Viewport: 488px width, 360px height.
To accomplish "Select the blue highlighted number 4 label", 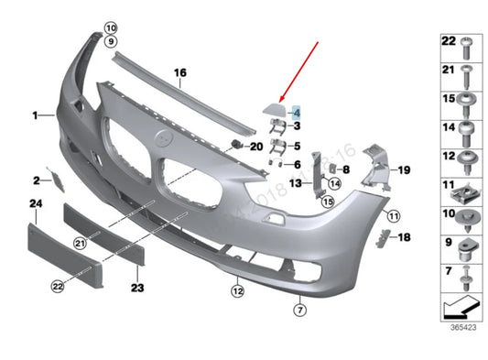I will tap(297, 110).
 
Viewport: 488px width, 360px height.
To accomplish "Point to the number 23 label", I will tap(137, 288).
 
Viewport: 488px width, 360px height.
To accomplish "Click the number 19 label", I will tap(404, 169).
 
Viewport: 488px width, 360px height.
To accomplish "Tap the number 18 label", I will tap(405, 237).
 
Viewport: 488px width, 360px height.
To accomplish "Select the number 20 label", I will tap(255, 147).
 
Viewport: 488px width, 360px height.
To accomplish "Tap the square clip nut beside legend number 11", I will tap(467, 193).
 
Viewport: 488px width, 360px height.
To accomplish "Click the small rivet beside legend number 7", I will tap(467, 274).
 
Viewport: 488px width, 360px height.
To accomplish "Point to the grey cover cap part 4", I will tap(274, 112).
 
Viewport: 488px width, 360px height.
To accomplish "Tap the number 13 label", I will tap(296, 183).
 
